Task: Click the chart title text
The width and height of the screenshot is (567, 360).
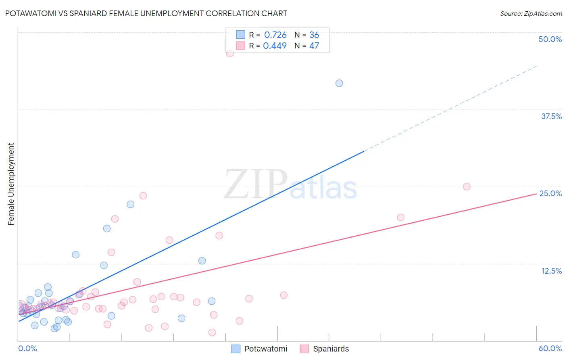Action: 146,13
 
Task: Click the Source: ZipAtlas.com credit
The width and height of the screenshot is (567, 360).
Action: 531,13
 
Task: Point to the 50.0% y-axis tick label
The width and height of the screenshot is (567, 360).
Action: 550,39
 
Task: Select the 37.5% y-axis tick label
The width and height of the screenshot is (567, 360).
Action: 551,116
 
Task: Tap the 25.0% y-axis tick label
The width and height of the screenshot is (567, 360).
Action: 550,193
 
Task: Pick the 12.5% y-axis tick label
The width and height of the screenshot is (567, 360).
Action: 551,271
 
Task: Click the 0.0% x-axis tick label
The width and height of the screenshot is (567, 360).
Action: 28,348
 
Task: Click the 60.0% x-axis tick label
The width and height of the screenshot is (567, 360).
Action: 550,348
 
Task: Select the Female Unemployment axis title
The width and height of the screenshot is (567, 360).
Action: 11,184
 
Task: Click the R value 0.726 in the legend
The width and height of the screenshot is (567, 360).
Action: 275,35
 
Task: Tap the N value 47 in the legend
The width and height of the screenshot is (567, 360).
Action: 314,46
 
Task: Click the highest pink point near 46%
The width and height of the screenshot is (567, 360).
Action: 230,53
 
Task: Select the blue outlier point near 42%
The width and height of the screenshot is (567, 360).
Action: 339,83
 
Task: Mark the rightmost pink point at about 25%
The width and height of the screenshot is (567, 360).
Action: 467,186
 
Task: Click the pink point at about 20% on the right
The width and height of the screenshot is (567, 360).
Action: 400,218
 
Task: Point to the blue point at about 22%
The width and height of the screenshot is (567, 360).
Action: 130,204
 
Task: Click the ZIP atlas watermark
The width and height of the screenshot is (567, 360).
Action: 290,185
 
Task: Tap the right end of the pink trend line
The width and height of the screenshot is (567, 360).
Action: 536,194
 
